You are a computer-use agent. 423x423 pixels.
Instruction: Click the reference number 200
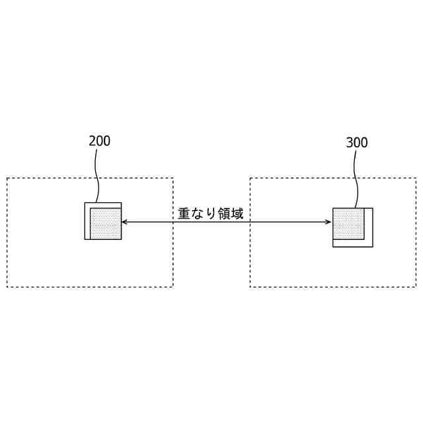99,141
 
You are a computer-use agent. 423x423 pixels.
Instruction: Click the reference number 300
357,143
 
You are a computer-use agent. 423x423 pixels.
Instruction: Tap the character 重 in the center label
184,213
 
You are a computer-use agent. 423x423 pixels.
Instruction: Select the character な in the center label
198,213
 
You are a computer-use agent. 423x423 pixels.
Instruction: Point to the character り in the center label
210,213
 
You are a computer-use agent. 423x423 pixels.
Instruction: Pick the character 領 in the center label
223,213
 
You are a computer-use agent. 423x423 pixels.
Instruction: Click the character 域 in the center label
237,213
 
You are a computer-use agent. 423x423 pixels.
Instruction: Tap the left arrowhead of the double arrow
124,223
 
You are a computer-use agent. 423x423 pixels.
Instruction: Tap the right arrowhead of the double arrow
328,223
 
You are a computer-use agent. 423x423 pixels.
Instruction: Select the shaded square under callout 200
106,223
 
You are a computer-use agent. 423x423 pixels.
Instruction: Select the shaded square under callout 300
348,223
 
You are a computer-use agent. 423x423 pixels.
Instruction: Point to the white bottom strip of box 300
352,243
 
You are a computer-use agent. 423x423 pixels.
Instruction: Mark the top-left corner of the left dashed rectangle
7,178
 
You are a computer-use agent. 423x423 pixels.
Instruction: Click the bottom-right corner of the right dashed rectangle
416,287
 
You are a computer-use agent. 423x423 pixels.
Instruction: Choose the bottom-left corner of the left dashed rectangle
7,287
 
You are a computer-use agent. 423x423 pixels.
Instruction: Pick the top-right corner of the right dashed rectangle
416,178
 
